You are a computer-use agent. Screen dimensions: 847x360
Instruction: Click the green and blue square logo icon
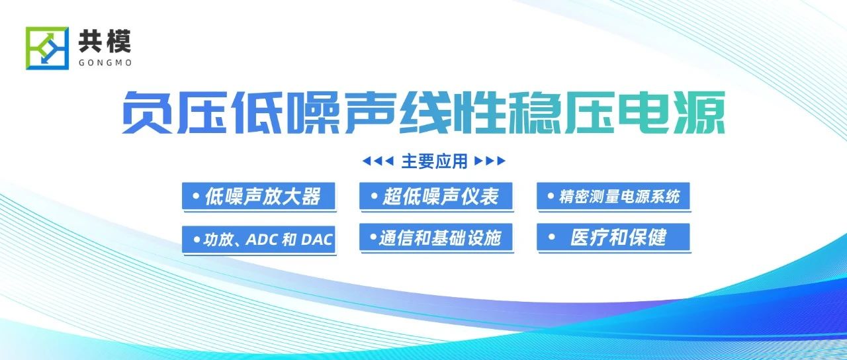pyautogui.click(x=47, y=48)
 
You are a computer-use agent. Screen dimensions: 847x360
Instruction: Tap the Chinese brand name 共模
pyautogui.click(x=105, y=41)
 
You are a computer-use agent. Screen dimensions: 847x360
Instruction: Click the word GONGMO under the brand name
pyautogui.click(x=105, y=63)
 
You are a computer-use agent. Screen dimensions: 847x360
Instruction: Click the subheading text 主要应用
pyautogui.click(x=434, y=161)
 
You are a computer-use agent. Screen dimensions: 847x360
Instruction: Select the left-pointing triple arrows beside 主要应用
pyautogui.click(x=378, y=161)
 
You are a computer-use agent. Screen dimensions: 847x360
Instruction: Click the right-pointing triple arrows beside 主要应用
pyautogui.click(x=490, y=161)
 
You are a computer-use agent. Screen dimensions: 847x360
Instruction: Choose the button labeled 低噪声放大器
pyautogui.click(x=259, y=196)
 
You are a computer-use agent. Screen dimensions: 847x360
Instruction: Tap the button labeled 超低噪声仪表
pyautogui.click(x=436, y=196)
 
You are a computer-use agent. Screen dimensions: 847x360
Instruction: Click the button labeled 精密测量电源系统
pyautogui.click(x=613, y=196)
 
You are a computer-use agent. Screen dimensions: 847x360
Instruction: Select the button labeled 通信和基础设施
pyautogui.click(x=436, y=237)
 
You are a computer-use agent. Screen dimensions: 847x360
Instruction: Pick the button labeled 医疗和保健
pyautogui.click(x=613, y=237)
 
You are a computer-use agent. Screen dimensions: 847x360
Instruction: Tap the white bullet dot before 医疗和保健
pyautogui.click(x=551, y=237)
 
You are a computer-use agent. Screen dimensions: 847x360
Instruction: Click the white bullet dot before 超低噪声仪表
pyautogui.click(x=374, y=196)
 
